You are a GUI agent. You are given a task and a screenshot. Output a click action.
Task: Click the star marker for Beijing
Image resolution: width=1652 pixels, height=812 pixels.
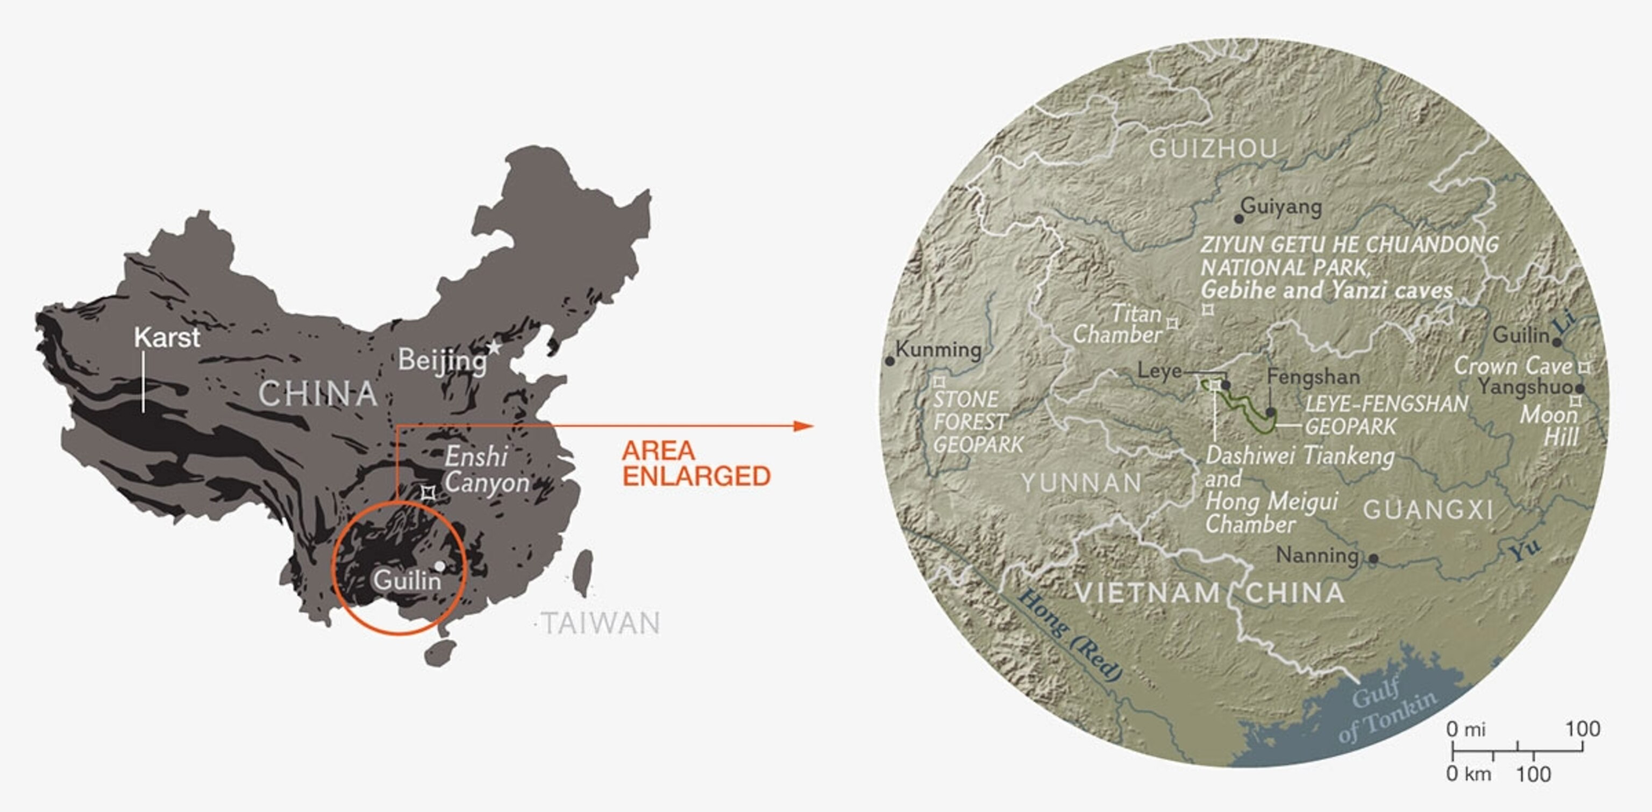[494, 347]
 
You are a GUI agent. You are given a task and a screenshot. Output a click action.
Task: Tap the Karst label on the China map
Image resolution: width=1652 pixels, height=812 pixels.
[167, 337]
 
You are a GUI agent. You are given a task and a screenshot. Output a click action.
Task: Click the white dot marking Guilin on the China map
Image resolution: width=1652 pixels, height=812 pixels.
[440, 566]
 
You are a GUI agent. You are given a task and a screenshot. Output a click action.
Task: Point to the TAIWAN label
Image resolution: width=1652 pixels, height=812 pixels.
[600, 623]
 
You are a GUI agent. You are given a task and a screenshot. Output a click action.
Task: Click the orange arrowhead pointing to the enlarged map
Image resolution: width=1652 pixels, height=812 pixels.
[803, 426]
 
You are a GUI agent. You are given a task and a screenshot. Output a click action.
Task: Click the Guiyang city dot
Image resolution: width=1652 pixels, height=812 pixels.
[1239, 219]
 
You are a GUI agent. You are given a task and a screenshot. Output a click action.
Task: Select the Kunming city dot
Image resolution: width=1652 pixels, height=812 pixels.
[889, 361]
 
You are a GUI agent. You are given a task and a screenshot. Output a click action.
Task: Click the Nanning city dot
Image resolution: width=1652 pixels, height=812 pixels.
[1373, 559]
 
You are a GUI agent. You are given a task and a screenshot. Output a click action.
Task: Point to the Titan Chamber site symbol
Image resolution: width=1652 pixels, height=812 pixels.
[1172, 324]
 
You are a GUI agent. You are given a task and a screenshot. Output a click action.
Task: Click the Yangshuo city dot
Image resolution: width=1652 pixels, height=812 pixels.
[1579, 389]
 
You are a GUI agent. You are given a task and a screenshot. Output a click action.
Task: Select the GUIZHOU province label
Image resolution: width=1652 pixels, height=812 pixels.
[1213, 149]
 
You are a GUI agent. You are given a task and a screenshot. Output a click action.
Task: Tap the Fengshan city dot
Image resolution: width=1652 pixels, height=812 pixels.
[1270, 412]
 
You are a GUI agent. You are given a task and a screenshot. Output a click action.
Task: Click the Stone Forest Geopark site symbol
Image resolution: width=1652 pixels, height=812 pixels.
[939, 382]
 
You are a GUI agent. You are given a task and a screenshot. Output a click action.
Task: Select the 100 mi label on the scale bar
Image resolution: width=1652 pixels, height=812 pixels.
[1583, 729]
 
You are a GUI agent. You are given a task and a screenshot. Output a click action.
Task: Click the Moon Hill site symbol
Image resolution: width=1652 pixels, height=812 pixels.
[1575, 401]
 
